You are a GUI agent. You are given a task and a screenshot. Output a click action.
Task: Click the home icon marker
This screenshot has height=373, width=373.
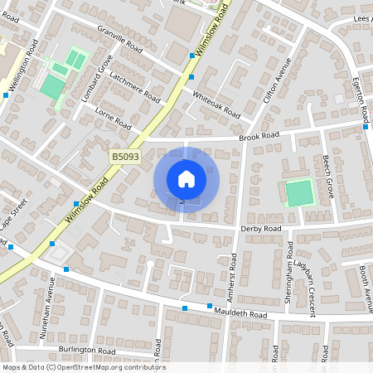click(186, 178)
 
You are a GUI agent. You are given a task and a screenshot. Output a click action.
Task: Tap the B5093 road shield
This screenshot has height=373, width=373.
click(126, 156)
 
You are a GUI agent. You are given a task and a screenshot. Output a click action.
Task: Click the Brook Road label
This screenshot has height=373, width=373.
click(259, 135)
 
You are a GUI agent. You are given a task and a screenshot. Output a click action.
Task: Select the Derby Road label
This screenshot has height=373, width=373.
click(261, 228)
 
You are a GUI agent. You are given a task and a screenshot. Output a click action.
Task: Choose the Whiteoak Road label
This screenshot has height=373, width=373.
click(216, 103)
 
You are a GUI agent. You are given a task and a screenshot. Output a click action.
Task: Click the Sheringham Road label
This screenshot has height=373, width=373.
click(289, 274)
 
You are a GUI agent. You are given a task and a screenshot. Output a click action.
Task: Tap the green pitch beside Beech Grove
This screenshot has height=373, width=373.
click(298, 193)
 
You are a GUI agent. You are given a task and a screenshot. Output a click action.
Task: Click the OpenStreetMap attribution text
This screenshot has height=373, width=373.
click(84, 367)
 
